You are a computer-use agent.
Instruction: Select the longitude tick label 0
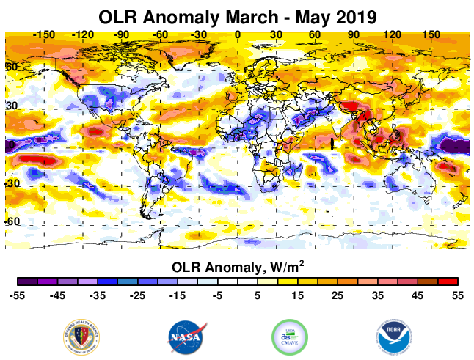point(237,34)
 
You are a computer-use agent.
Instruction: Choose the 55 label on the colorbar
point(457,295)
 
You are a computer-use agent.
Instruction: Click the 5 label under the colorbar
point(258,295)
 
